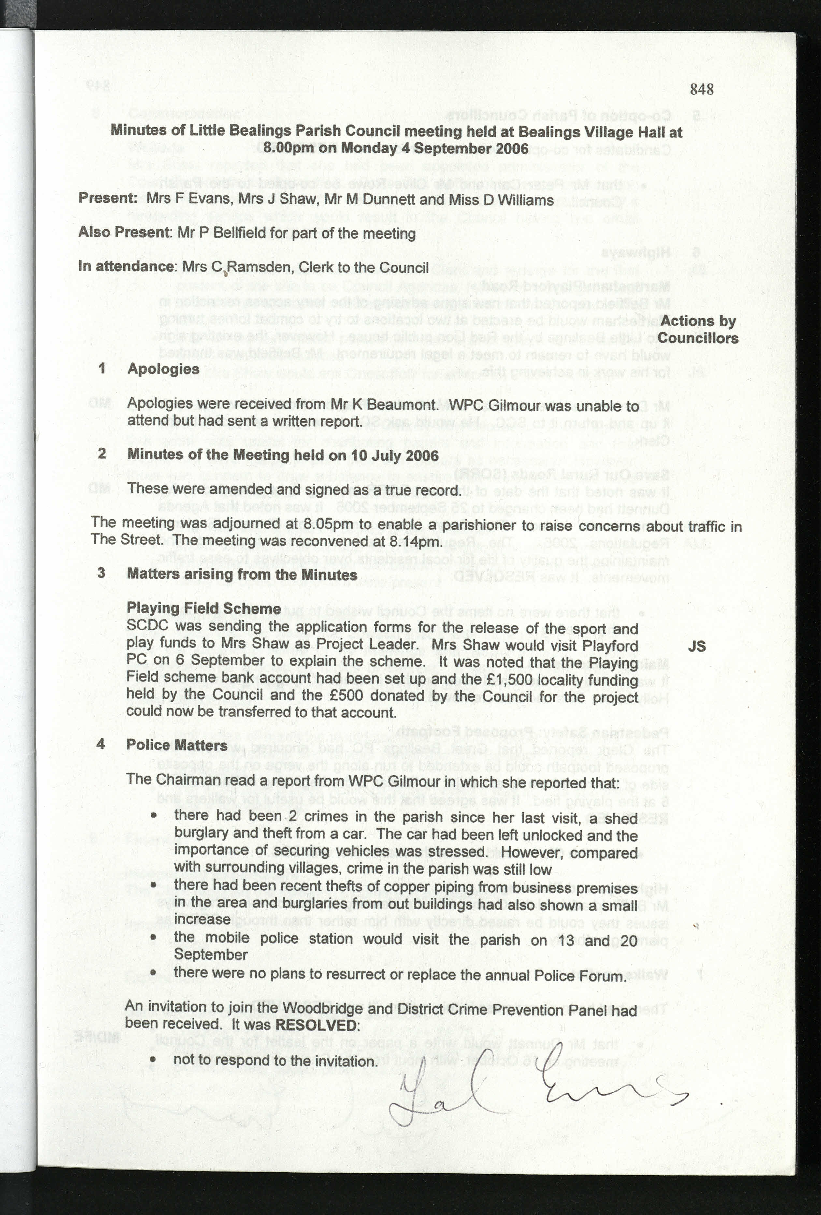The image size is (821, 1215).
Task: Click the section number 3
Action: tap(101, 573)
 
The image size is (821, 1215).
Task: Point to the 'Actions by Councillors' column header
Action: tap(698, 329)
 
